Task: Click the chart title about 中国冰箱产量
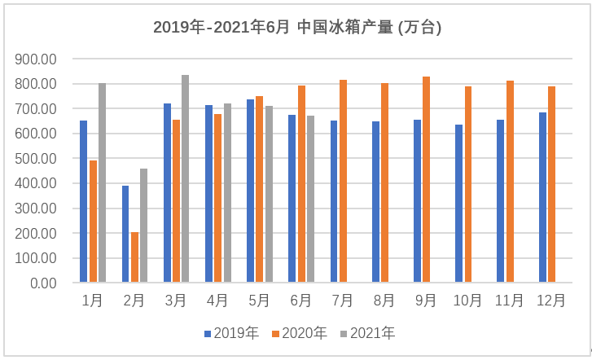tap(297, 27)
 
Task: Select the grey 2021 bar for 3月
tap(185, 179)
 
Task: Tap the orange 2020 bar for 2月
tap(134, 257)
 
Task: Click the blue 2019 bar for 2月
tap(125, 235)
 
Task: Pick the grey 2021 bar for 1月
tap(102, 183)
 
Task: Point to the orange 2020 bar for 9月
tap(426, 180)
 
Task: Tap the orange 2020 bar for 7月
tap(343, 182)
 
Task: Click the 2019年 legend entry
tap(231, 333)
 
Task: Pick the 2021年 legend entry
tap(367, 333)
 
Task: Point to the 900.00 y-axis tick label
tap(35, 59)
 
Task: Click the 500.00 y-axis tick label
tap(35, 159)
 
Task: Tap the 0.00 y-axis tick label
tap(42, 283)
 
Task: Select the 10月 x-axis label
tap(467, 301)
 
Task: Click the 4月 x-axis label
tap(217, 301)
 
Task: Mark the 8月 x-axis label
tap(384, 301)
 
